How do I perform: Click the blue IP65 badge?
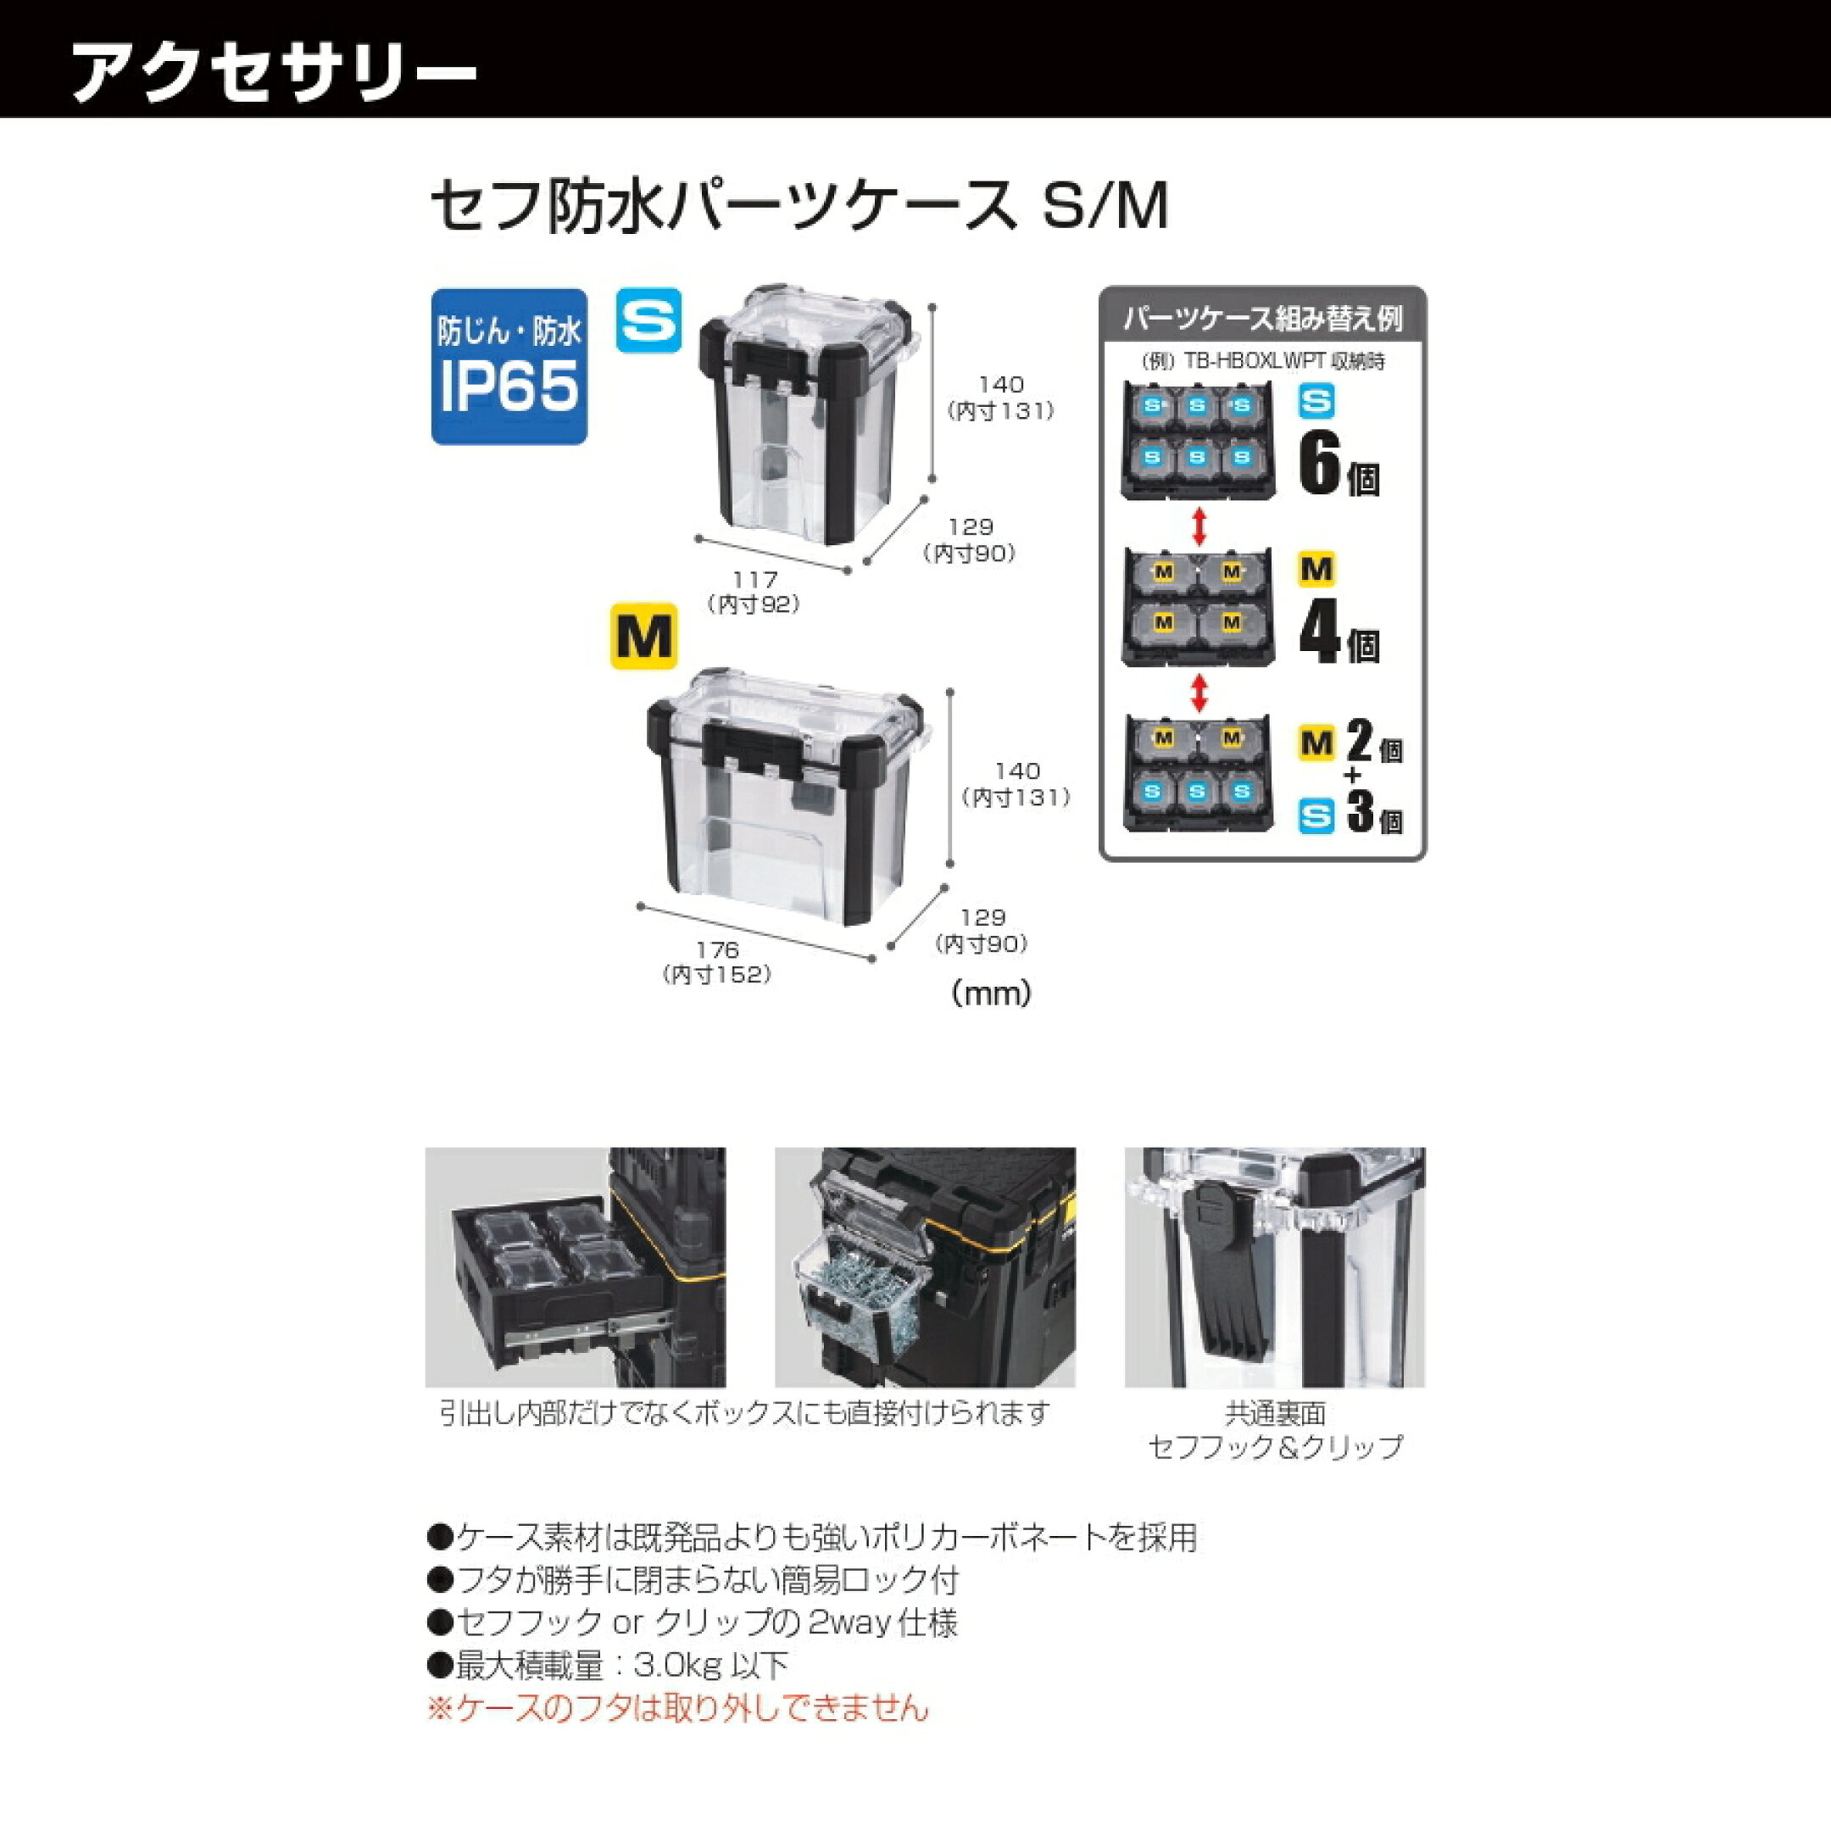point(509,366)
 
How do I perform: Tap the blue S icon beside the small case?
point(649,320)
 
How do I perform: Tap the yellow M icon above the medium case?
point(643,636)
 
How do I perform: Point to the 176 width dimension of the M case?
point(716,949)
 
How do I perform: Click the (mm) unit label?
point(990,993)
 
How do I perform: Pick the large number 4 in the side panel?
point(1319,632)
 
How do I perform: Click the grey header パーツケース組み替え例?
point(1262,318)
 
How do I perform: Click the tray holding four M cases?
point(1199,608)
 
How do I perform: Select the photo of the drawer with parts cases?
point(576,1267)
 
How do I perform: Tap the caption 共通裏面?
point(1275,1413)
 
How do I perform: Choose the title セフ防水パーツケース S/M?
point(799,206)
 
